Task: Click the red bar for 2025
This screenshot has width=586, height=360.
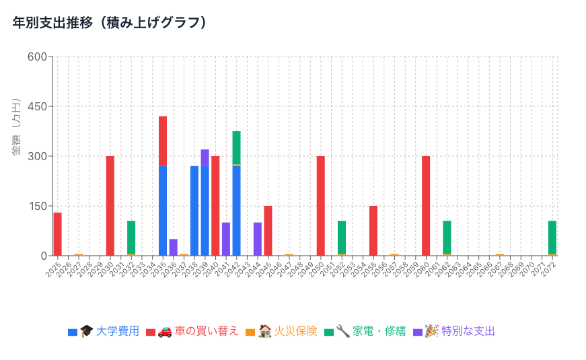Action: tap(57, 234)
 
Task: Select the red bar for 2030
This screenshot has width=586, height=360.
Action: tap(110, 206)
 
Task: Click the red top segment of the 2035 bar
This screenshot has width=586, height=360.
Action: tap(163, 141)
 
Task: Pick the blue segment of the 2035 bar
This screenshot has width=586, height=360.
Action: tap(163, 211)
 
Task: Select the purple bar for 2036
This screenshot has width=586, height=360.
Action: tap(173, 247)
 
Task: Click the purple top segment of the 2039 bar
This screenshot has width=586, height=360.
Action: tap(205, 157)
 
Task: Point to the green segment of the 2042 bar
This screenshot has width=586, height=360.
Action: tap(236, 147)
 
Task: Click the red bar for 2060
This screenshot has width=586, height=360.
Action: tap(426, 206)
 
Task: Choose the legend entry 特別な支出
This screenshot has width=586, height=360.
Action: tap(468, 332)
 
